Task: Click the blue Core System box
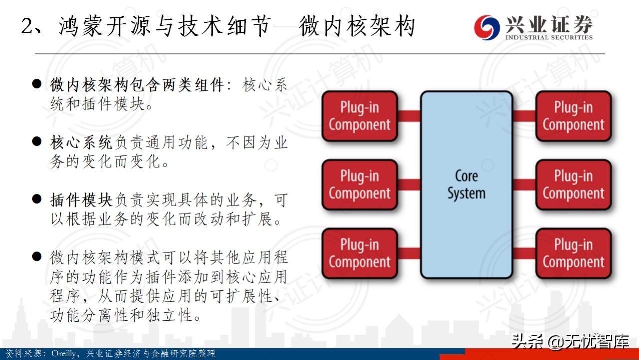tap(466, 184)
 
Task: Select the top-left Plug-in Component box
tap(359, 116)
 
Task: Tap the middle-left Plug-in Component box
tap(359, 185)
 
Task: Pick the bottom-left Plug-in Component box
tap(359, 253)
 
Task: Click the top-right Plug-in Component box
tap(573, 116)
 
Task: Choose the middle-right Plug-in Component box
tap(573, 185)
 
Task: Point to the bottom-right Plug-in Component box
tap(573, 253)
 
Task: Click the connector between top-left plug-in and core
tap(409, 116)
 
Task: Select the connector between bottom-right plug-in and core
tap(524, 253)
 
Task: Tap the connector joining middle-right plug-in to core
tap(524, 185)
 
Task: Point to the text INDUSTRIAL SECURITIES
tap(549, 37)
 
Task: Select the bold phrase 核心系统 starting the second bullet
tap(81, 143)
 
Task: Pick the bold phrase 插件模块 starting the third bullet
tap(81, 200)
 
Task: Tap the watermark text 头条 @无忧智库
tap(569, 341)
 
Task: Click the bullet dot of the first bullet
tap(36, 84)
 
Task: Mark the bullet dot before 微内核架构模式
tap(36, 257)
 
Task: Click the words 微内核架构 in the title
tap(357, 26)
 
